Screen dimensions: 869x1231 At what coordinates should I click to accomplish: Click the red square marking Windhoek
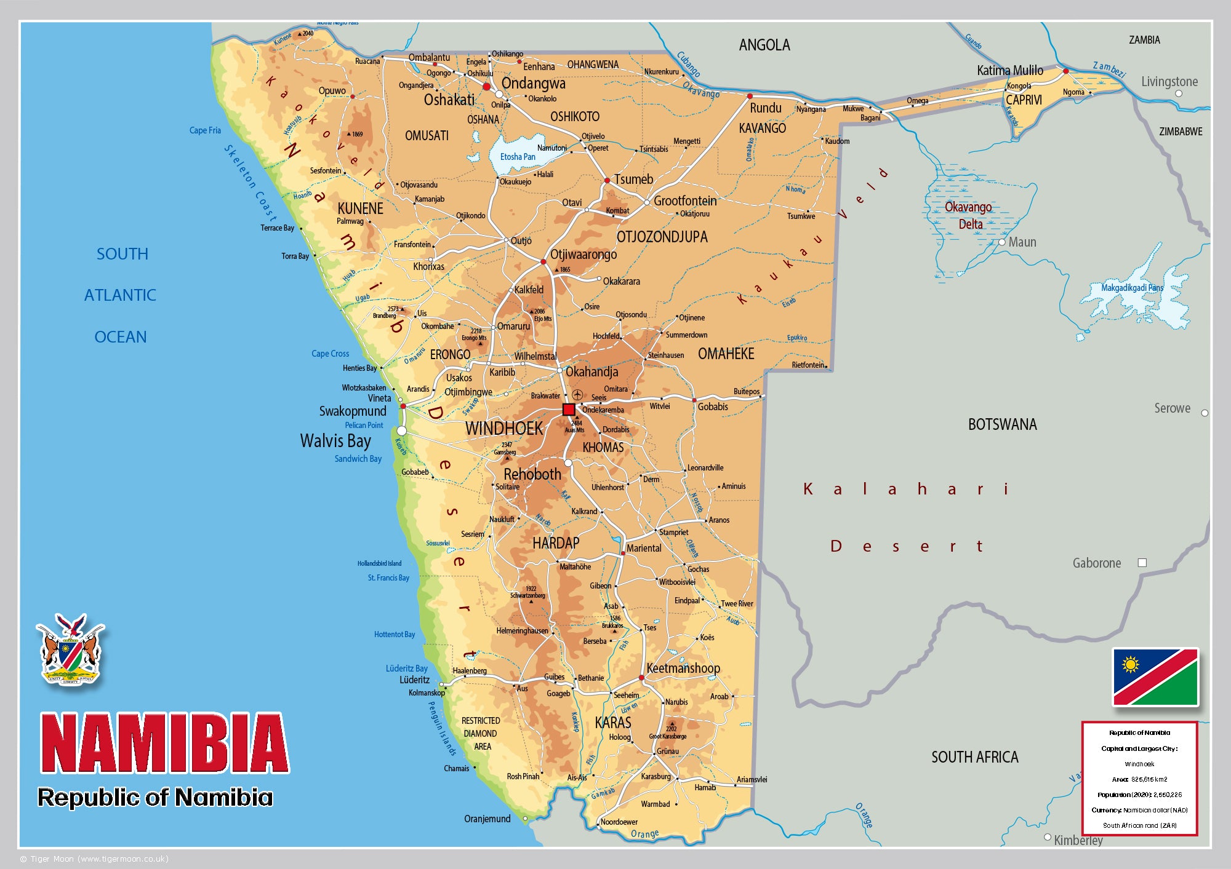(569, 410)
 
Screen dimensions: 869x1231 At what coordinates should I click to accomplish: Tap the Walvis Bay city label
(335, 441)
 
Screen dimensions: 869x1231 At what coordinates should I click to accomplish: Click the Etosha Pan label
(517, 157)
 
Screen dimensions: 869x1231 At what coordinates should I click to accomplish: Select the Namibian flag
(1155, 677)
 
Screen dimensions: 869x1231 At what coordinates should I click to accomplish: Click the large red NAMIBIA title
(164, 743)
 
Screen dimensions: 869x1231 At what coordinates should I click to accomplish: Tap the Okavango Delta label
(969, 215)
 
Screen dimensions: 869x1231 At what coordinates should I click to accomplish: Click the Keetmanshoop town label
(683, 669)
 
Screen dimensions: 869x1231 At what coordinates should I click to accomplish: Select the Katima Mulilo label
(1009, 71)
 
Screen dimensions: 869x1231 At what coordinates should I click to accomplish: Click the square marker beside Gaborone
(1142, 563)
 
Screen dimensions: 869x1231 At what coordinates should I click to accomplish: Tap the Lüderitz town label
(414, 680)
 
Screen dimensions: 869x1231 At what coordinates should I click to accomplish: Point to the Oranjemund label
(487, 819)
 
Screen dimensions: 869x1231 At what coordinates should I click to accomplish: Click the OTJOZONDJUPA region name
(662, 237)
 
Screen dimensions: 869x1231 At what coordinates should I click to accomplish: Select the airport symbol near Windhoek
(577, 394)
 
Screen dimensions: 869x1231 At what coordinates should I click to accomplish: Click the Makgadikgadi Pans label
(1132, 288)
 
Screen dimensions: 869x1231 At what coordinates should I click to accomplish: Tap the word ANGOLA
(764, 45)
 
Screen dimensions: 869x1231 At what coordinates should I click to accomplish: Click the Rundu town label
(765, 108)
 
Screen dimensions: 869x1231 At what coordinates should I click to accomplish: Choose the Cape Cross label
(330, 354)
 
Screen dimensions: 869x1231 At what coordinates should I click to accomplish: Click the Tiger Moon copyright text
(94, 859)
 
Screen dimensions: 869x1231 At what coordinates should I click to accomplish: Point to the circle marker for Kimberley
(1048, 837)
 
